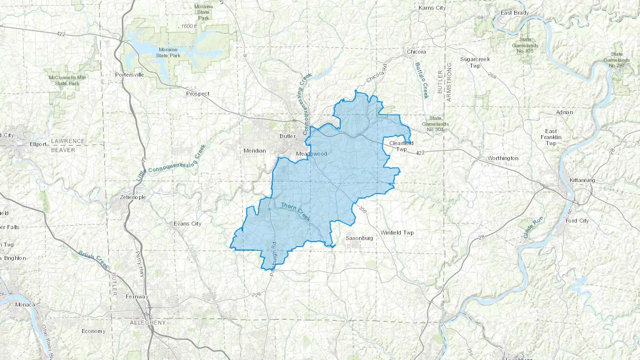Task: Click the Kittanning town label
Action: pos(582,180)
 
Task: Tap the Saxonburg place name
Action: pos(359,238)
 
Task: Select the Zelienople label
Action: pos(133,197)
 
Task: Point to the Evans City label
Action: pos(187,224)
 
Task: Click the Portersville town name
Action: pos(129,75)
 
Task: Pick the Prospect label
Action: pos(198,94)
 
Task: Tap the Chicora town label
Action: pos(416,52)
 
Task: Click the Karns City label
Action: pos(432,8)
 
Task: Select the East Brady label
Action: pos(514,13)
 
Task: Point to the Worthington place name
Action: pos(503,158)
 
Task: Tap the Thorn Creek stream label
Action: pos(295,211)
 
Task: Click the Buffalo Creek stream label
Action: pos(422,80)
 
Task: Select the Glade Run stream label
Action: pos(533,227)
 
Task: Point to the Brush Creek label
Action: pos(94,260)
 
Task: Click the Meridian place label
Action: pos(255,151)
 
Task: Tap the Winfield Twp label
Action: pos(397,233)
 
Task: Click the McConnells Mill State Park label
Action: pos(67,80)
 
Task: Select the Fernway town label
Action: pos(137,297)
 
